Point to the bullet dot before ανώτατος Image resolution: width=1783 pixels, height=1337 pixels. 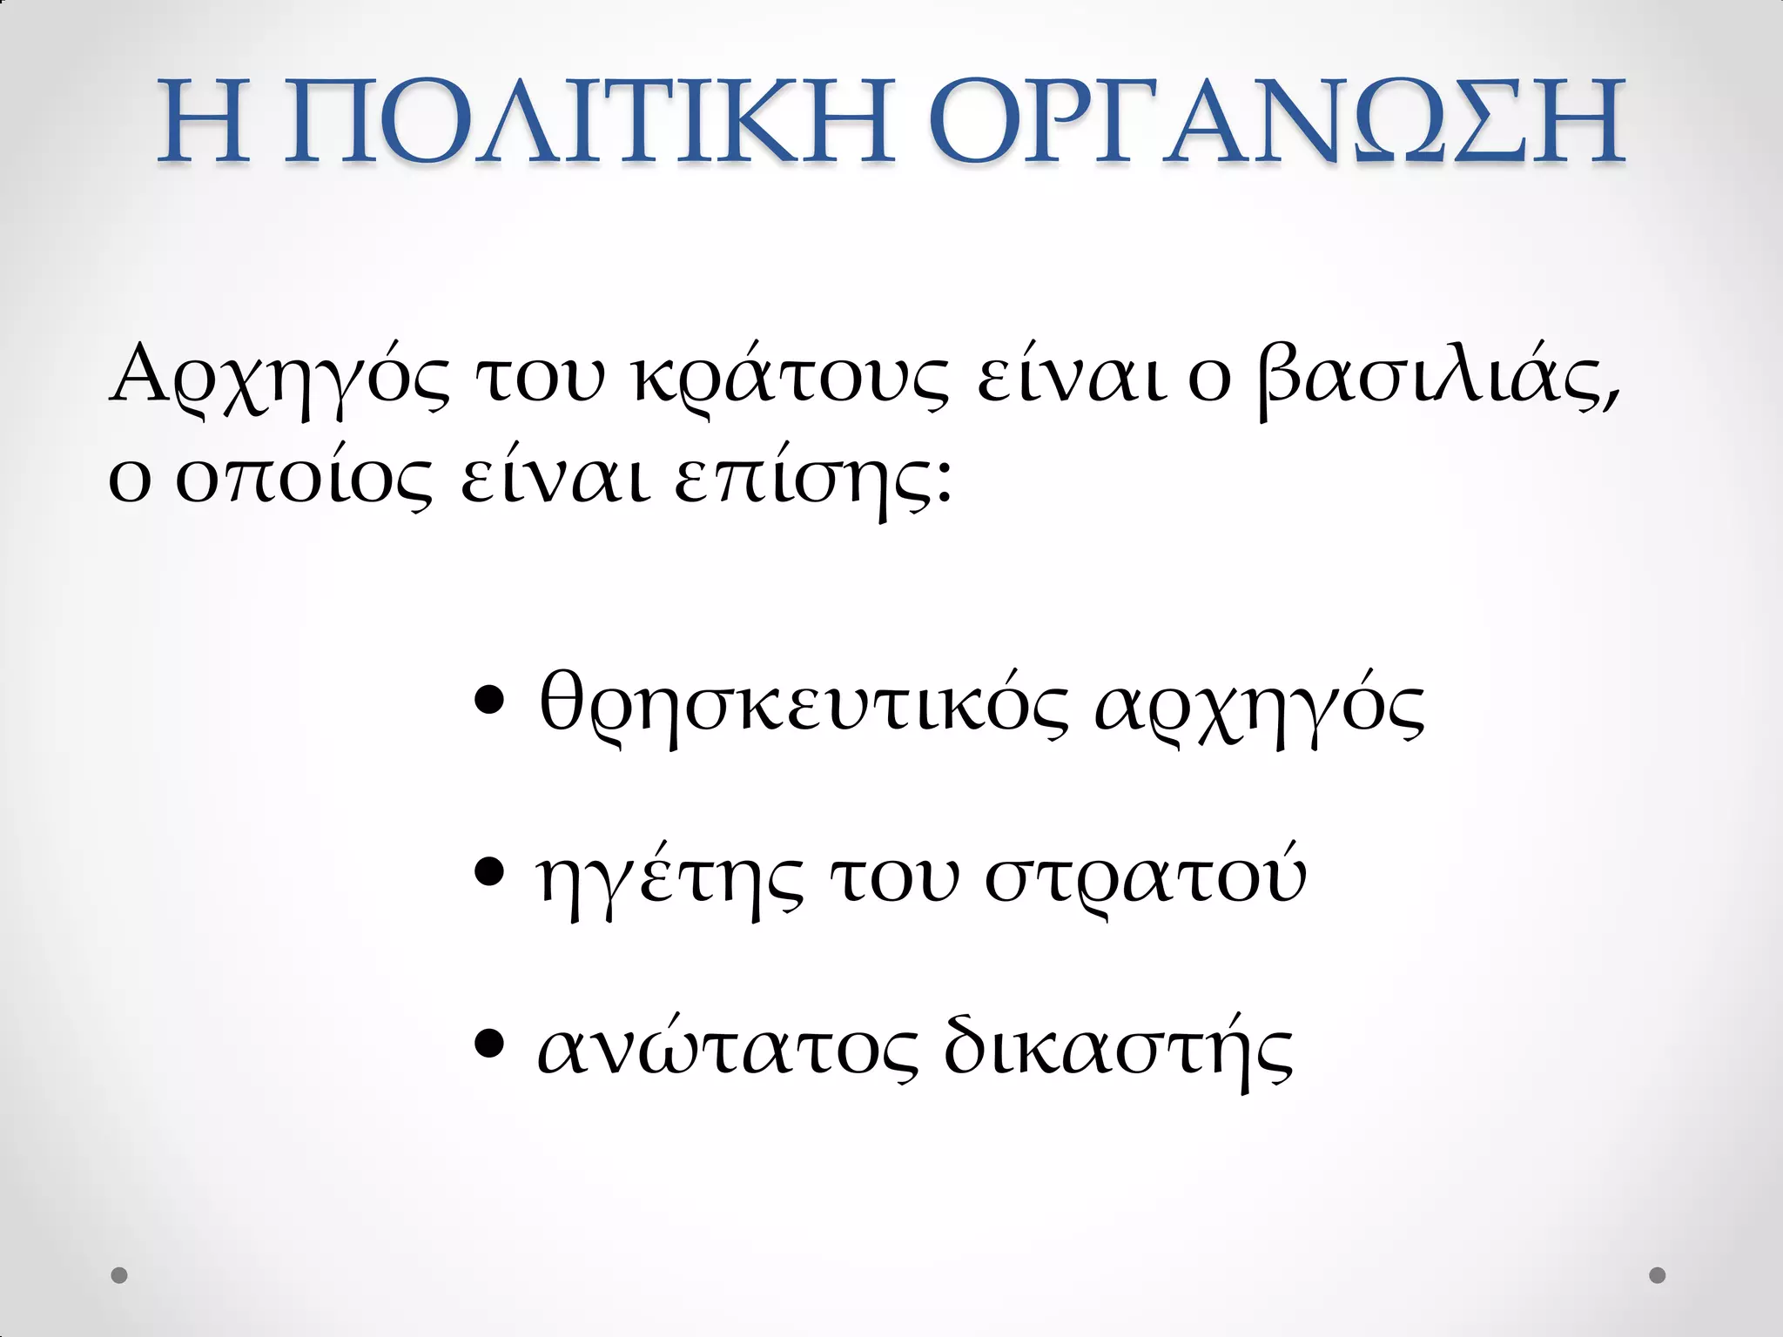[491, 1042]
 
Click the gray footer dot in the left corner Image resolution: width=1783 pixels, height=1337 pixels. [119, 1275]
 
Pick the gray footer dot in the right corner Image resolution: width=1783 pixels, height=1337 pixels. [1658, 1275]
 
